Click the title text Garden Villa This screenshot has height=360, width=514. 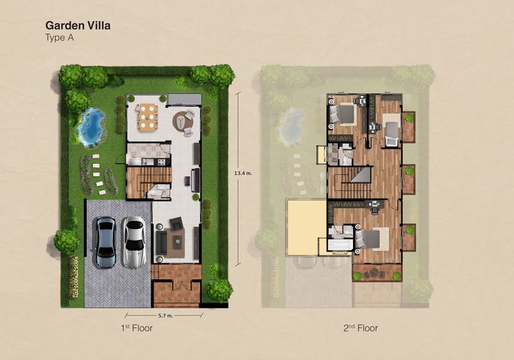point(78,25)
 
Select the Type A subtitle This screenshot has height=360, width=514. point(60,38)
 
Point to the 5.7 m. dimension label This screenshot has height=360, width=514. point(168,315)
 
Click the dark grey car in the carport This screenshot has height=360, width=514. point(105,241)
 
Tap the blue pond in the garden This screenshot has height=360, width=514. point(91,128)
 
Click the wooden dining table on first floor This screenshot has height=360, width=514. point(147,116)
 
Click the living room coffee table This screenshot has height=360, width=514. point(177,241)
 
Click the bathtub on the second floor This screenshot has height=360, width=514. point(340,245)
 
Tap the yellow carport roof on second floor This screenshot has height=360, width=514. point(306,226)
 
